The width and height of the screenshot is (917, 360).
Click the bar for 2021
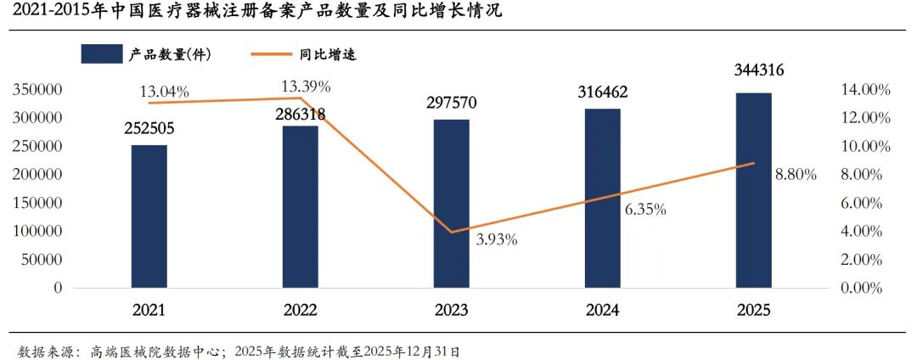pyautogui.click(x=149, y=217)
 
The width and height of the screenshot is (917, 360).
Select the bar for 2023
pyautogui.click(x=451, y=204)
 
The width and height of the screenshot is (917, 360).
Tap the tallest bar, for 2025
pyautogui.click(x=753, y=190)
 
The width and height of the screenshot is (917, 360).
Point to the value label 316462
pyautogui.click(x=602, y=91)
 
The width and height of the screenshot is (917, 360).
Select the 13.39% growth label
pyautogui.click(x=306, y=86)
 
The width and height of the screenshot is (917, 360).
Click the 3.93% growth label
pyautogui.click(x=497, y=239)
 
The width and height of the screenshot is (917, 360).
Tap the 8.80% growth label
pyautogui.click(x=796, y=174)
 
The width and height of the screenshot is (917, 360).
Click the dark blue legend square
pyautogui.click(x=101, y=54)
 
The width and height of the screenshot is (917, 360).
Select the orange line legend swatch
pyautogui.click(x=273, y=54)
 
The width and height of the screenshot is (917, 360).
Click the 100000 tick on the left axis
pyautogui.click(x=37, y=231)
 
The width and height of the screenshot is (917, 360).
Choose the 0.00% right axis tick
pyautogui.click(x=866, y=288)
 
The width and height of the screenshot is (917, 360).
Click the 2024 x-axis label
pyautogui.click(x=602, y=311)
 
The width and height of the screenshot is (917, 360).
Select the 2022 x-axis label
pyautogui.click(x=300, y=311)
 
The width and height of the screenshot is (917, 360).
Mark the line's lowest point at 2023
pyautogui.click(x=451, y=232)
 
